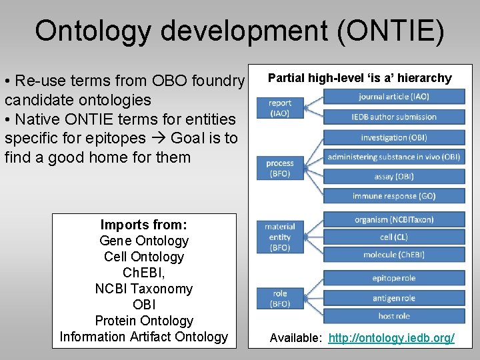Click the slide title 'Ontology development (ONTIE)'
point(239,31)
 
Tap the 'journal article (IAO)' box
point(394,97)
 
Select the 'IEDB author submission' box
point(394,117)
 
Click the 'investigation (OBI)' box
point(394,137)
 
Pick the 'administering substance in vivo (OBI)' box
point(394,157)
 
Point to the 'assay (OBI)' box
point(394,177)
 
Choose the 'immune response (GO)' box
point(394,196)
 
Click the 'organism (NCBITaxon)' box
point(394,220)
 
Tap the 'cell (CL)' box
point(394,237)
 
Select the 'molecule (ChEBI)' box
point(394,255)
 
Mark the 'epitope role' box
point(394,278)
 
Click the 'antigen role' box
point(394,297)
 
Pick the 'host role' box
point(394,316)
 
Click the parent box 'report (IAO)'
point(280,108)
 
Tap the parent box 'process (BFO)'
point(280,168)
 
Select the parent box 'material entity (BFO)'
point(280,237)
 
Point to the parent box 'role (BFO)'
point(280,298)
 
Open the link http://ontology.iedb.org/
point(391,339)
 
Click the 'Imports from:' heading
point(143,225)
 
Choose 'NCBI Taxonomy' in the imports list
point(143,289)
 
